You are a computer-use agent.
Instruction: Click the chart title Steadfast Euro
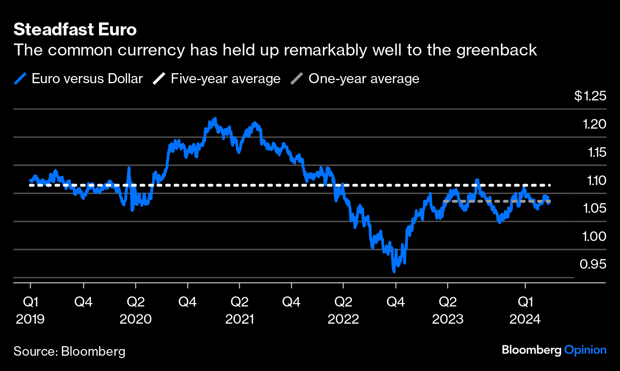pos(75,30)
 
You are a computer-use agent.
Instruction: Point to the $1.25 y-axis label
pos(590,96)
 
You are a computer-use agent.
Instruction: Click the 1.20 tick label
pos(595,124)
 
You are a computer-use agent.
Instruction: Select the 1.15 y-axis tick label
pos(595,153)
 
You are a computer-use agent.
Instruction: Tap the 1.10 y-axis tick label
pos(595,181)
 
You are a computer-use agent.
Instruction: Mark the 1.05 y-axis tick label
pos(595,208)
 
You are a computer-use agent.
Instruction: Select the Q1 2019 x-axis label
pos(30,310)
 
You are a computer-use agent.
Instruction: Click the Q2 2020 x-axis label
pos(135,310)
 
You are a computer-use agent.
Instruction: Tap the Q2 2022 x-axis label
pos(343,310)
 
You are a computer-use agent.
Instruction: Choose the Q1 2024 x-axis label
pos(525,310)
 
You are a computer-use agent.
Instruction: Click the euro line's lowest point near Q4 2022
pos(394,271)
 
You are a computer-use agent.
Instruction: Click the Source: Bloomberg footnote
pos(69,351)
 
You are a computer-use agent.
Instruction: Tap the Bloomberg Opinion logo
pos(554,350)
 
